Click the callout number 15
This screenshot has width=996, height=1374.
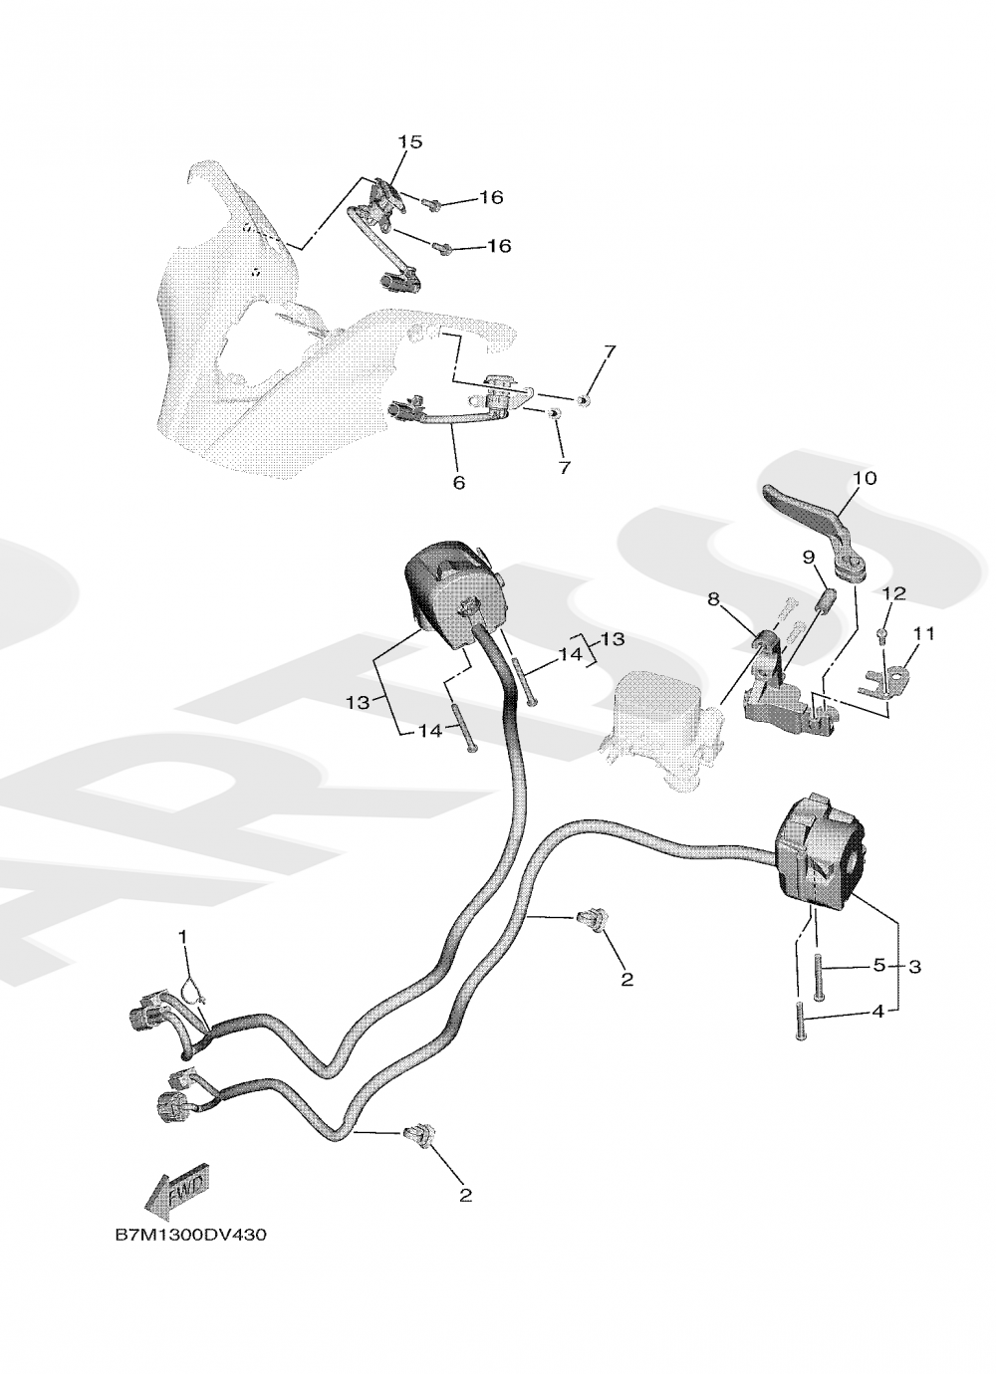pos(410,142)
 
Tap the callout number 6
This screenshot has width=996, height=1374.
pos(459,483)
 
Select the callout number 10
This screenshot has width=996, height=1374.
pos(865,479)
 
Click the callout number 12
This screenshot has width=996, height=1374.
pos(893,594)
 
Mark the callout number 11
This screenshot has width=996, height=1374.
pos(925,633)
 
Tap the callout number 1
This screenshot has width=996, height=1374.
pos(183,936)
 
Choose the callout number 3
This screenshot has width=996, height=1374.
pos(915,966)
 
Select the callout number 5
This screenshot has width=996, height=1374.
pos(878,965)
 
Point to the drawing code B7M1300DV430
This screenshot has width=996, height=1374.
pos(191,1235)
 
